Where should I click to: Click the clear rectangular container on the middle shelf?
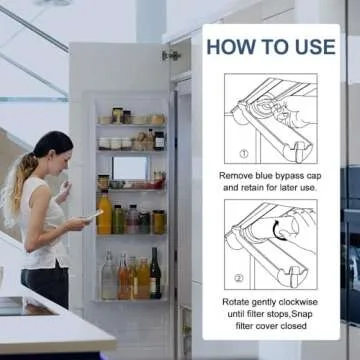coord(130,169)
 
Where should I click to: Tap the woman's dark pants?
coord(46,285)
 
